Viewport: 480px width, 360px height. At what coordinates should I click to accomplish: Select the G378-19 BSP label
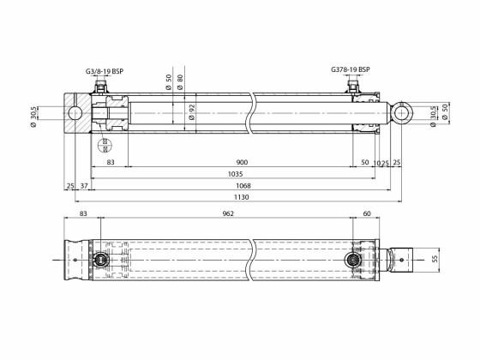(350, 69)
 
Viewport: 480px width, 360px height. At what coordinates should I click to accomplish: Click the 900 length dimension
(242, 162)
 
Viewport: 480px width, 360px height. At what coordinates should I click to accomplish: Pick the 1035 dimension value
(235, 174)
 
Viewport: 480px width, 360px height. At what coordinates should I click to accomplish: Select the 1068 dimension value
(243, 186)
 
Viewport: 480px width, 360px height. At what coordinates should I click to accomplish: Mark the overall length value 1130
(243, 198)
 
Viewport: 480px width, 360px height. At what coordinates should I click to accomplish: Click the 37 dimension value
(84, 186)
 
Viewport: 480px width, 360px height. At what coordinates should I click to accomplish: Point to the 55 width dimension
(434, 258)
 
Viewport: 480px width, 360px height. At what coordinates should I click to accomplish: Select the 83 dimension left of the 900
(111, 162)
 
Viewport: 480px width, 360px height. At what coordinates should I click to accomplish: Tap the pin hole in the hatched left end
(76, 113)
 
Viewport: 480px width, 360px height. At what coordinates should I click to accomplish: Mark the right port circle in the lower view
(352, 258)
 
